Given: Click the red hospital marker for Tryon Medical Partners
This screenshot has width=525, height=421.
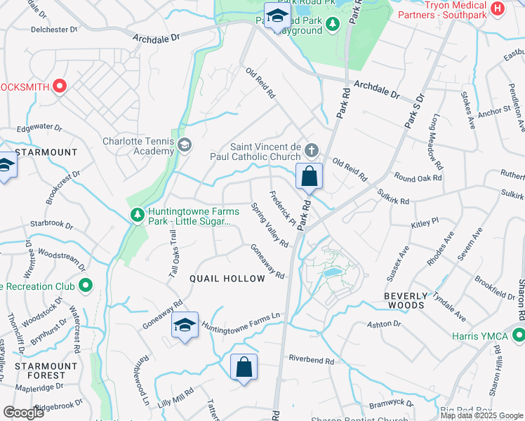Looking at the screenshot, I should coord(498,8).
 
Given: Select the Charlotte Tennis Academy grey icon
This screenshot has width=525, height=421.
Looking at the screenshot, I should coord(185,145).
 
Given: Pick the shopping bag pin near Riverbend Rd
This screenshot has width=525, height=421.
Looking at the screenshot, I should coord(244,366).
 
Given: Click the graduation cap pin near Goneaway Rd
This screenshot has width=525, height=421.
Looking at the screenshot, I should coord(185,325).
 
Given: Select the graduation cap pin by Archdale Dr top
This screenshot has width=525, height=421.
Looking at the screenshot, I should coord(277,15).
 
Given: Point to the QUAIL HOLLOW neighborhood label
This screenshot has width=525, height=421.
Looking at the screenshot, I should coord(227,279).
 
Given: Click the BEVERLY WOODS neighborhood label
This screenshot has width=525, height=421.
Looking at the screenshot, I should coord(405,301).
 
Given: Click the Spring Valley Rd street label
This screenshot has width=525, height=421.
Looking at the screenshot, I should coord(270,226).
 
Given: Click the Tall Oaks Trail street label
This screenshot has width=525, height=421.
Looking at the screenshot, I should coord(173,256).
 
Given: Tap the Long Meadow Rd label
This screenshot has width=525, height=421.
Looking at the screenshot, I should coord(433,142).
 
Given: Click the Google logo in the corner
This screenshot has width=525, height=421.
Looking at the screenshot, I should coord(23,412).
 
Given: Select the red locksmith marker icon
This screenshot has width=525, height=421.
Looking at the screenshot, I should coord(60,86).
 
